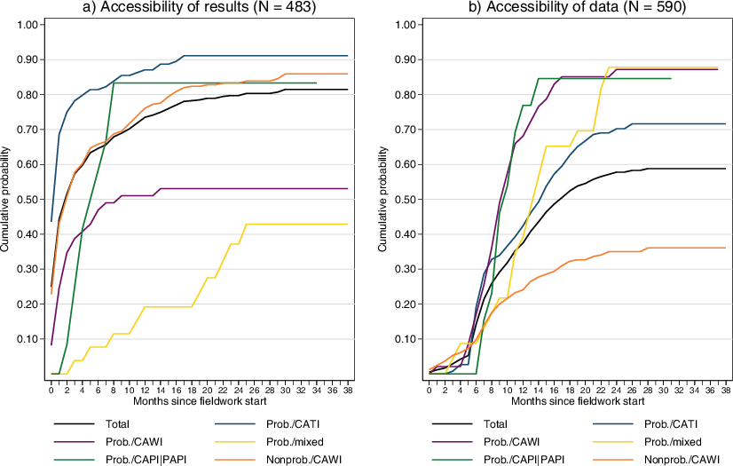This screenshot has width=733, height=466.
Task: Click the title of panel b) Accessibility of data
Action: pos(573,9)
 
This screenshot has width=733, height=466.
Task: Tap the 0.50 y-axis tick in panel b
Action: pos(404,199)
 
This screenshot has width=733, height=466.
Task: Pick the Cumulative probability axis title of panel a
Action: pos(7,199)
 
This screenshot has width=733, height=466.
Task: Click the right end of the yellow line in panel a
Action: pos(347,224)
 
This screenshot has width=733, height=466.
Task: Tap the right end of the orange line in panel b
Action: pos(725,248)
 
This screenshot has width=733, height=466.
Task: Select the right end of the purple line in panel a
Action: pos(347,188)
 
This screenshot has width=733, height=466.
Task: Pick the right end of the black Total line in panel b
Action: pos(725,168)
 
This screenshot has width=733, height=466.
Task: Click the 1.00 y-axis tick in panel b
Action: pos(404,25)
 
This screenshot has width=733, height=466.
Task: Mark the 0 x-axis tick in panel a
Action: pos(51,390)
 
